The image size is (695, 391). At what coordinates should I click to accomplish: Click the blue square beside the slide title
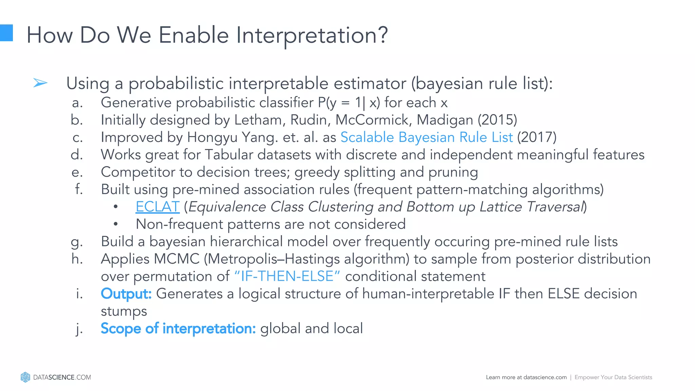[6, 33]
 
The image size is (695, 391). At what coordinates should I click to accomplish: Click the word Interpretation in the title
[312, 35]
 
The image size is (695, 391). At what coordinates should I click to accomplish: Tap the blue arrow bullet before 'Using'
[40, 83]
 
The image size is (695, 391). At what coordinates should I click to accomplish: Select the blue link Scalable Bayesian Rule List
[426, 137]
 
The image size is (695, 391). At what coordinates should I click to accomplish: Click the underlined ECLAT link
[157, 207]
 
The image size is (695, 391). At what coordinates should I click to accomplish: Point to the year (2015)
[497, 120]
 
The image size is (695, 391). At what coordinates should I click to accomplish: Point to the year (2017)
[537, 137]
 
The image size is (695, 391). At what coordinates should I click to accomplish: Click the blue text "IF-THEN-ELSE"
[287, 276]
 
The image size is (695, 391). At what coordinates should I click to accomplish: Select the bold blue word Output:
[126, 294]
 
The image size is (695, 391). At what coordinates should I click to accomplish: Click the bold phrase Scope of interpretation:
[178, 329]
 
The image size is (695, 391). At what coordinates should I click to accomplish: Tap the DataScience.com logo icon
[25, 377]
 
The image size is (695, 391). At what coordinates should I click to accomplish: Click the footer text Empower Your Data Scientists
[613, 377]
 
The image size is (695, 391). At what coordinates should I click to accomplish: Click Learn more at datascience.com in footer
[526, 377]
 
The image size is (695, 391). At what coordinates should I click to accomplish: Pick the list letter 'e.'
[77, 172]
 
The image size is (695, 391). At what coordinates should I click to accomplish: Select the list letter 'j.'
[79, 329]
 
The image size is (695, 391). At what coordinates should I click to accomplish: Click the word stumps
[124, 311]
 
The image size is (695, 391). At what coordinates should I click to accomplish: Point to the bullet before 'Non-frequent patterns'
[116, 224]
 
